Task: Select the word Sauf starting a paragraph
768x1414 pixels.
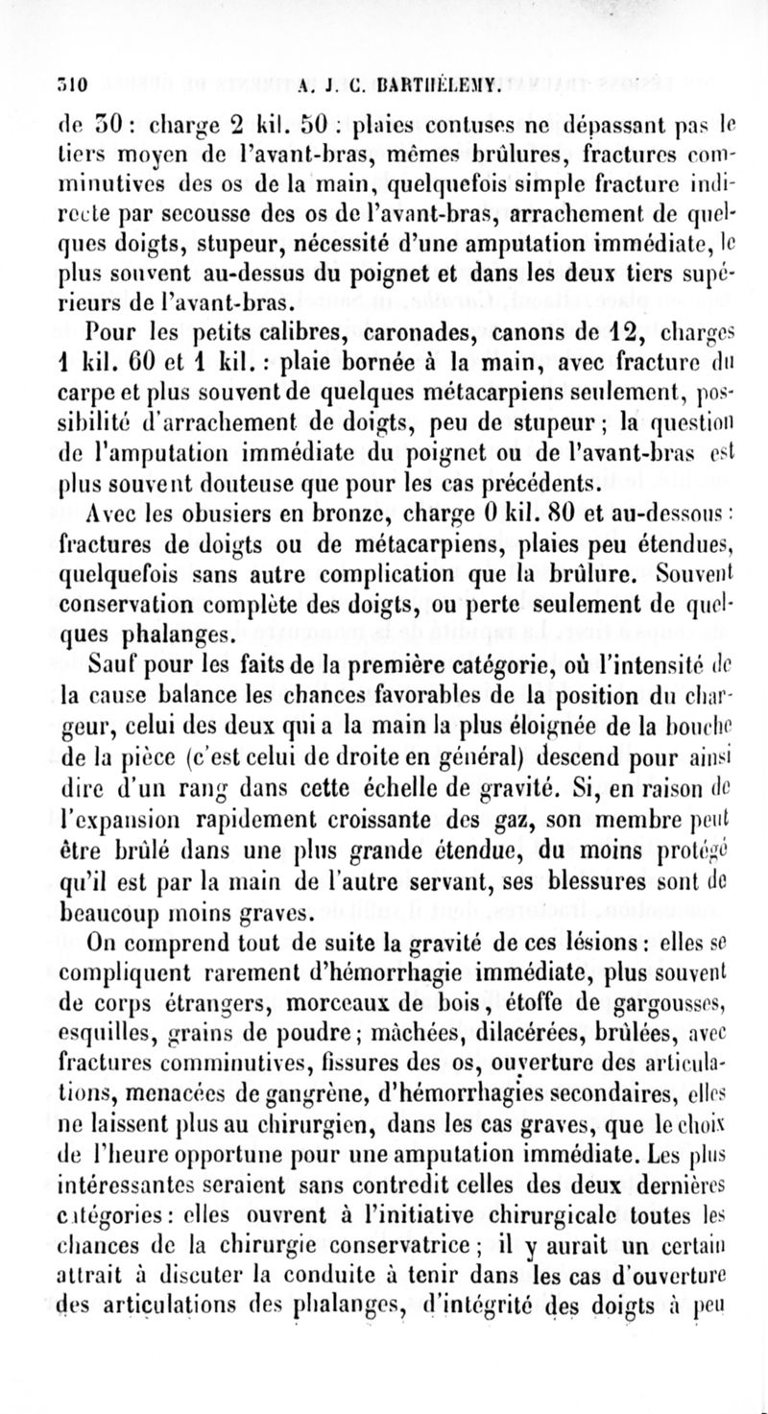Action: pos(119,662)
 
